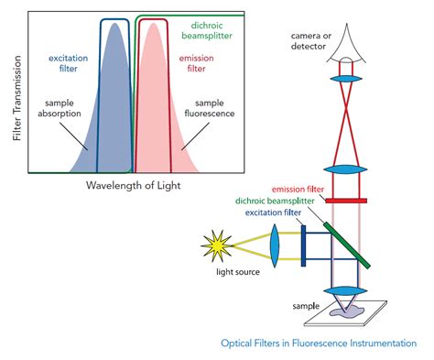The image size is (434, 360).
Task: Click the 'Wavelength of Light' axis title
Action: (x=134, y=186)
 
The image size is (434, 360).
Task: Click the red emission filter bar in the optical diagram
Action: (x=346, y=200)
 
